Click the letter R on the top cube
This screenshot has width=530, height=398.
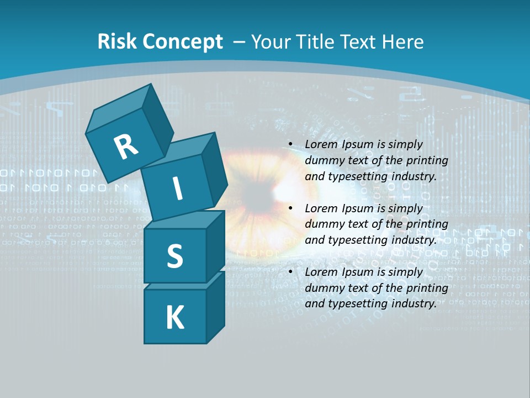126,146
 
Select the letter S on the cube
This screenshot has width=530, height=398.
174,256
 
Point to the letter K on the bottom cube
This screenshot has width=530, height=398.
174,318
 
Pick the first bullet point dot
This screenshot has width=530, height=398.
290,144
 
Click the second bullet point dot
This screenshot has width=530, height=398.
290,208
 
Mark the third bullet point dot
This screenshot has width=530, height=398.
290,272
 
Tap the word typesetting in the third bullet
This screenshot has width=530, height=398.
357,303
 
